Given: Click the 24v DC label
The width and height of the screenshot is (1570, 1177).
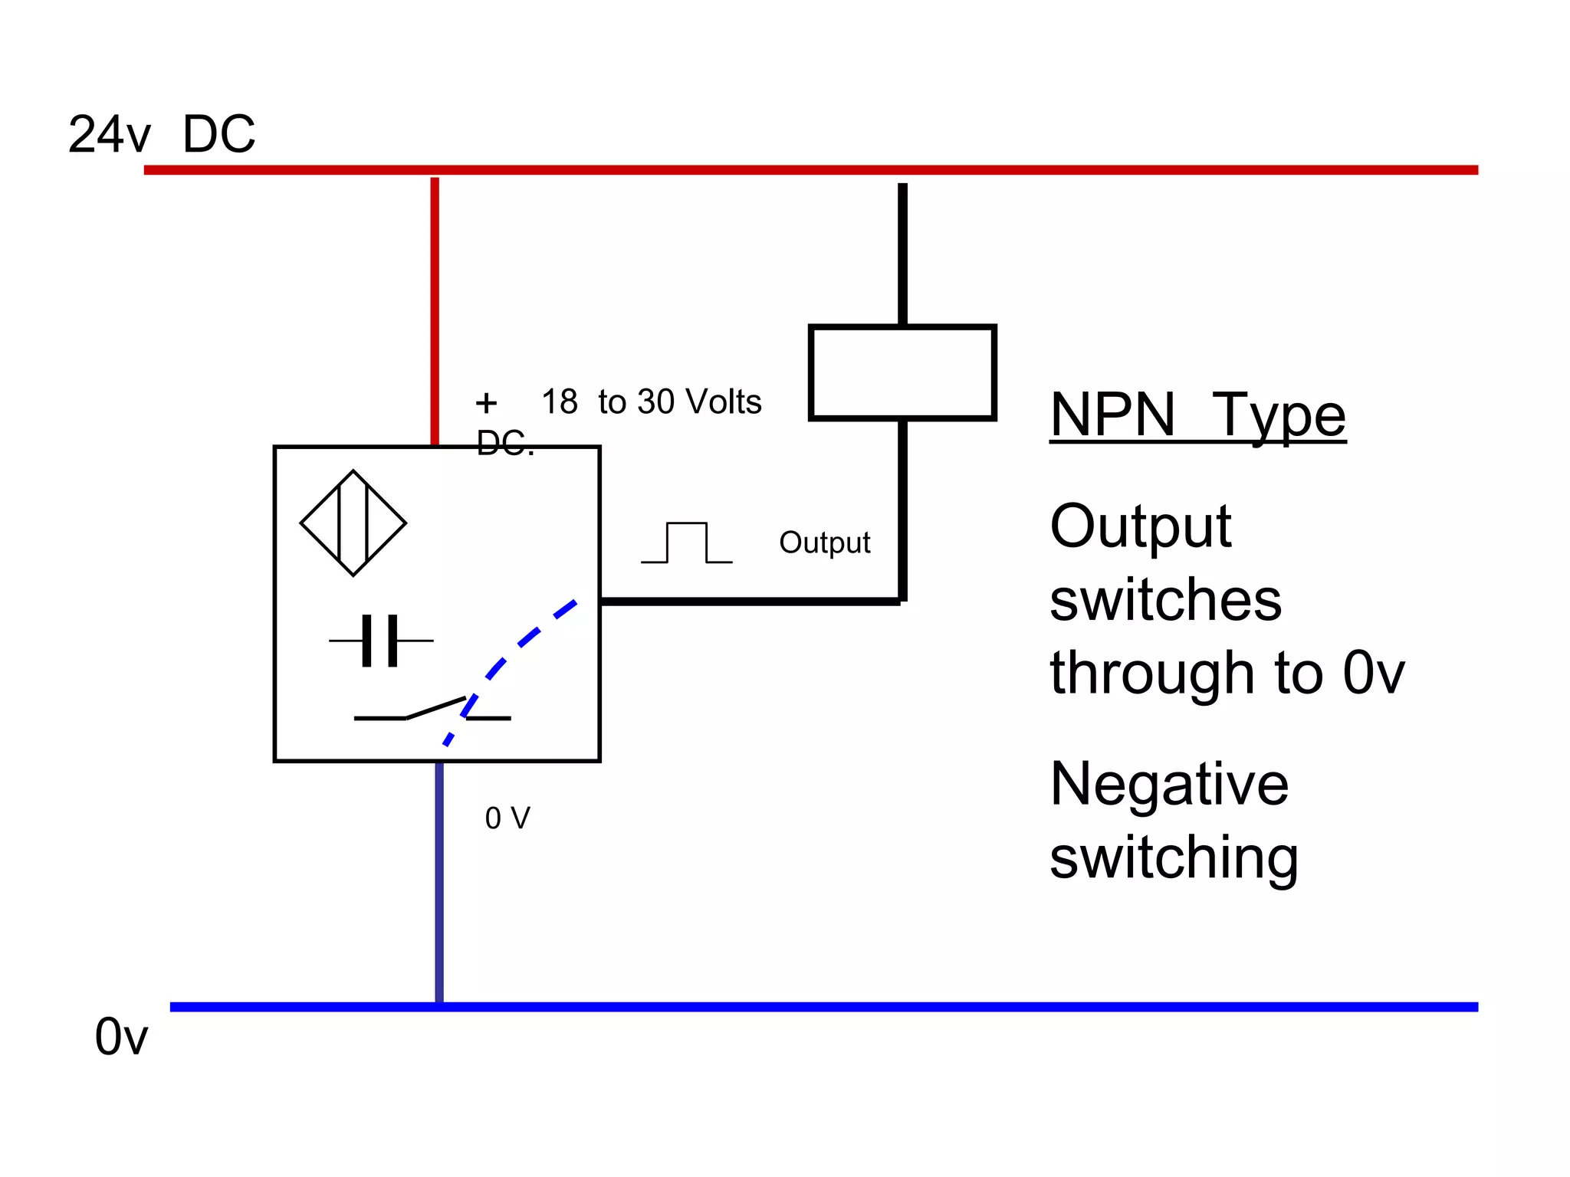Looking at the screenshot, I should click(x=162, y=134).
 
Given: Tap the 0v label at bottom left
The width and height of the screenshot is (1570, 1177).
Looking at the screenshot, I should click(x=121, y=1037).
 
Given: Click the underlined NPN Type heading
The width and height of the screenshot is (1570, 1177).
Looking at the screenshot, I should click(x=1197, y=415).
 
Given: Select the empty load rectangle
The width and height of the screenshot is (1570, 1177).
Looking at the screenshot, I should click(x=902, y=373).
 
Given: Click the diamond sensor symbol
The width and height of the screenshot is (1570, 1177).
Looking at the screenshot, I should click(x=353, y=523).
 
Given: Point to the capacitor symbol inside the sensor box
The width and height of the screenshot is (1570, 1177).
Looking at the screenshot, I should click(x=381, y=641).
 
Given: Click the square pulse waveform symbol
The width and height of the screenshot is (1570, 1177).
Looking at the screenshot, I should click(x=687, y=543).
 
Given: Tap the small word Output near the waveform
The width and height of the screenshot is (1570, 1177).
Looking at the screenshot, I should click(x=825, y=543).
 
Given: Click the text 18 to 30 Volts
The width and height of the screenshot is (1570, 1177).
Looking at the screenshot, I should click(x=652, y=402).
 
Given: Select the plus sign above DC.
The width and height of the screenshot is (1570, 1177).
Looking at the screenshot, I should click(x=486, y=402).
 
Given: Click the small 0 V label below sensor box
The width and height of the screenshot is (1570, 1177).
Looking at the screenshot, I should click(x=507, y=818).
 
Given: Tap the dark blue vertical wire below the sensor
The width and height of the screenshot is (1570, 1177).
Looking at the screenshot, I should click(x=439, y=881).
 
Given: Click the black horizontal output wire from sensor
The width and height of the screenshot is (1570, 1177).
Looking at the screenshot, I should click(x=750, y=602).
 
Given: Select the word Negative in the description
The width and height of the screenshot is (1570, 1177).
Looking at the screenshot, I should click(x=1169, y=784).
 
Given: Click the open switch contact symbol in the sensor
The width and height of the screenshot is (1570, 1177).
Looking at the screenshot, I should click(x=432, y=710).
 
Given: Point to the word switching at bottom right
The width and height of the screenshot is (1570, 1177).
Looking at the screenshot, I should click(x=1174, y=858).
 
